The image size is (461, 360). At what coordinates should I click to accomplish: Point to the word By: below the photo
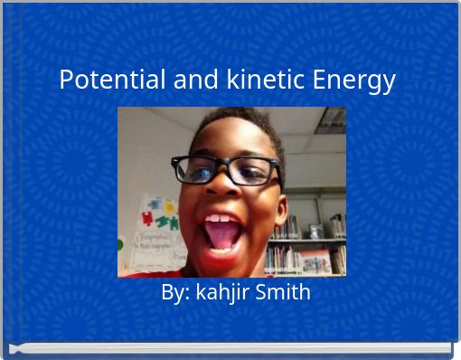[175, 293]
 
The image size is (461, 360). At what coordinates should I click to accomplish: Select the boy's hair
[240, 122]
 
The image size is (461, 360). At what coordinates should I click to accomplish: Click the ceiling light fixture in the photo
[331, 119]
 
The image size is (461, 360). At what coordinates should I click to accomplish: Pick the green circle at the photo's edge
[121, 243]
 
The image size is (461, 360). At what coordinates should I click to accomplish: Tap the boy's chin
[226, 265]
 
